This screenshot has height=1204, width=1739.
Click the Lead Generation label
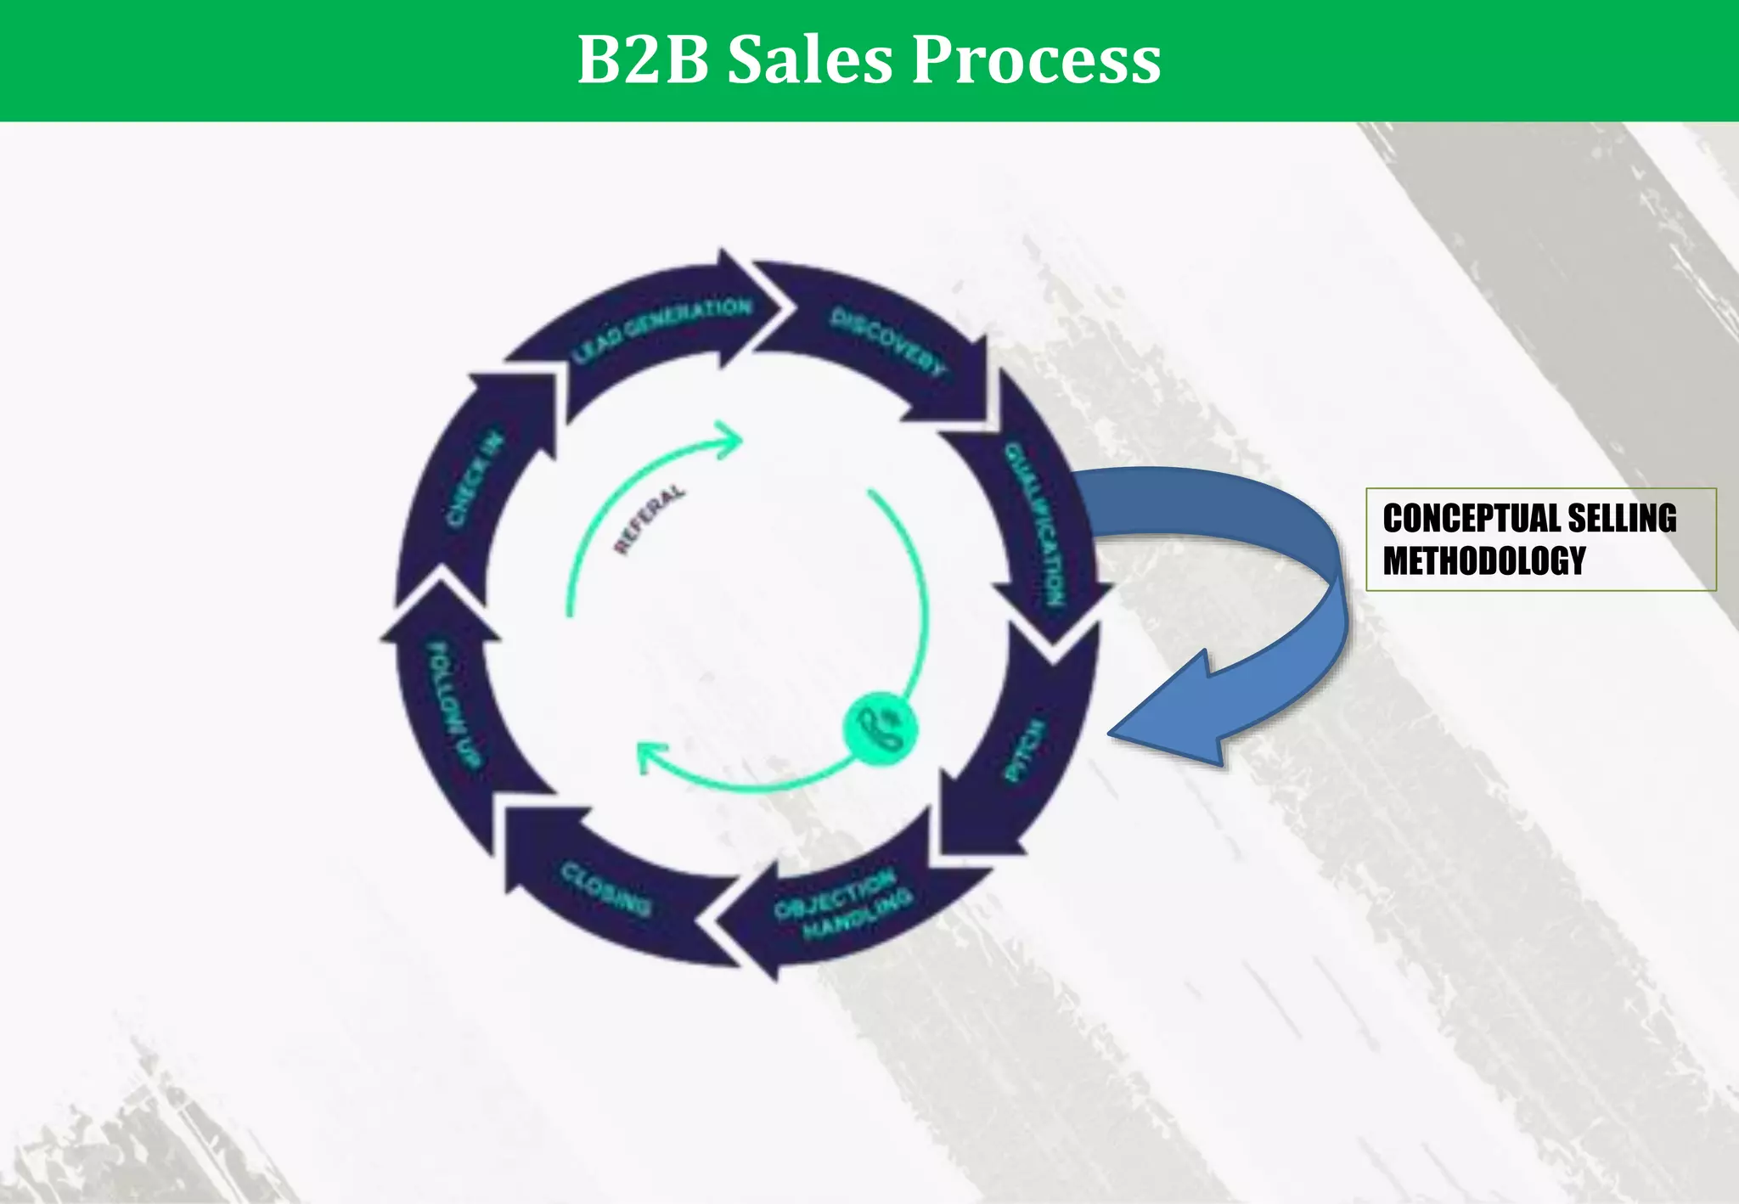pos(661,330)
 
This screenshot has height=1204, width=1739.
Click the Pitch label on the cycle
pos(1024,751)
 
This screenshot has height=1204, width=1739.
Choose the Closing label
pos(605,889)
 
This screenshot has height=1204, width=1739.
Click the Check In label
pos(475,479)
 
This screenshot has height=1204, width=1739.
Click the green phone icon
pos(881,728)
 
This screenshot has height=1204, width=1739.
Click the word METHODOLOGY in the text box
pos(1483,560)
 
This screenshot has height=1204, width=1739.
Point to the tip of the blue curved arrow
pos(1111,732)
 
